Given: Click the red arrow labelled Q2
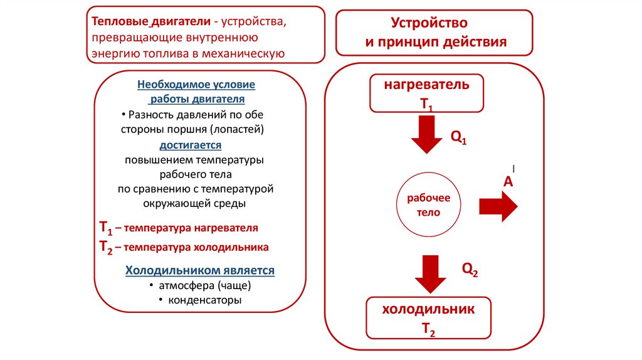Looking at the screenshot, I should coord(429,273).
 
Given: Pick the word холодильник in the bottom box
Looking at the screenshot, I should coord(428,309).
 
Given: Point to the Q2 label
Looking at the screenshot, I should coord(470,270).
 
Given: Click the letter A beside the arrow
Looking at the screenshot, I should coord(508,182).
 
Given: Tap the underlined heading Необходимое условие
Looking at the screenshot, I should coord(196,84).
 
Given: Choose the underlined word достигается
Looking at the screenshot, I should coord(191,145).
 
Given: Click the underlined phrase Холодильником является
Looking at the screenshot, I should coord(200,270).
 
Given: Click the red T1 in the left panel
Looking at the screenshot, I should coord(105,228).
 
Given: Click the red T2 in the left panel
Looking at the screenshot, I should coord(105,247).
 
